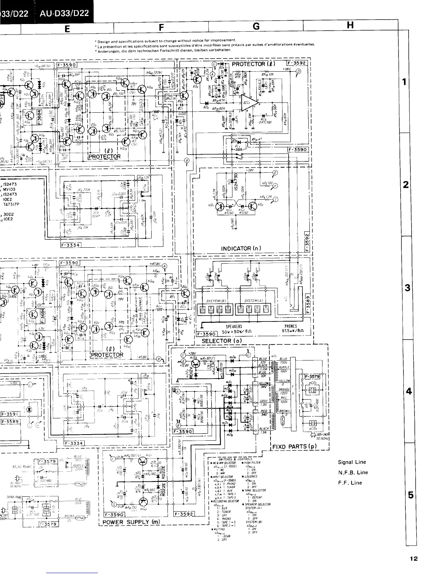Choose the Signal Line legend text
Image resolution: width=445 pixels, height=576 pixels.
pos(352,462)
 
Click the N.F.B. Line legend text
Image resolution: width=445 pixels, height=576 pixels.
pos(353,472)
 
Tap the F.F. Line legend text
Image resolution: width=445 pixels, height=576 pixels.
pos(350,483)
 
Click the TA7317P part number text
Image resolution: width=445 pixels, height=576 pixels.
pos(11,204)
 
